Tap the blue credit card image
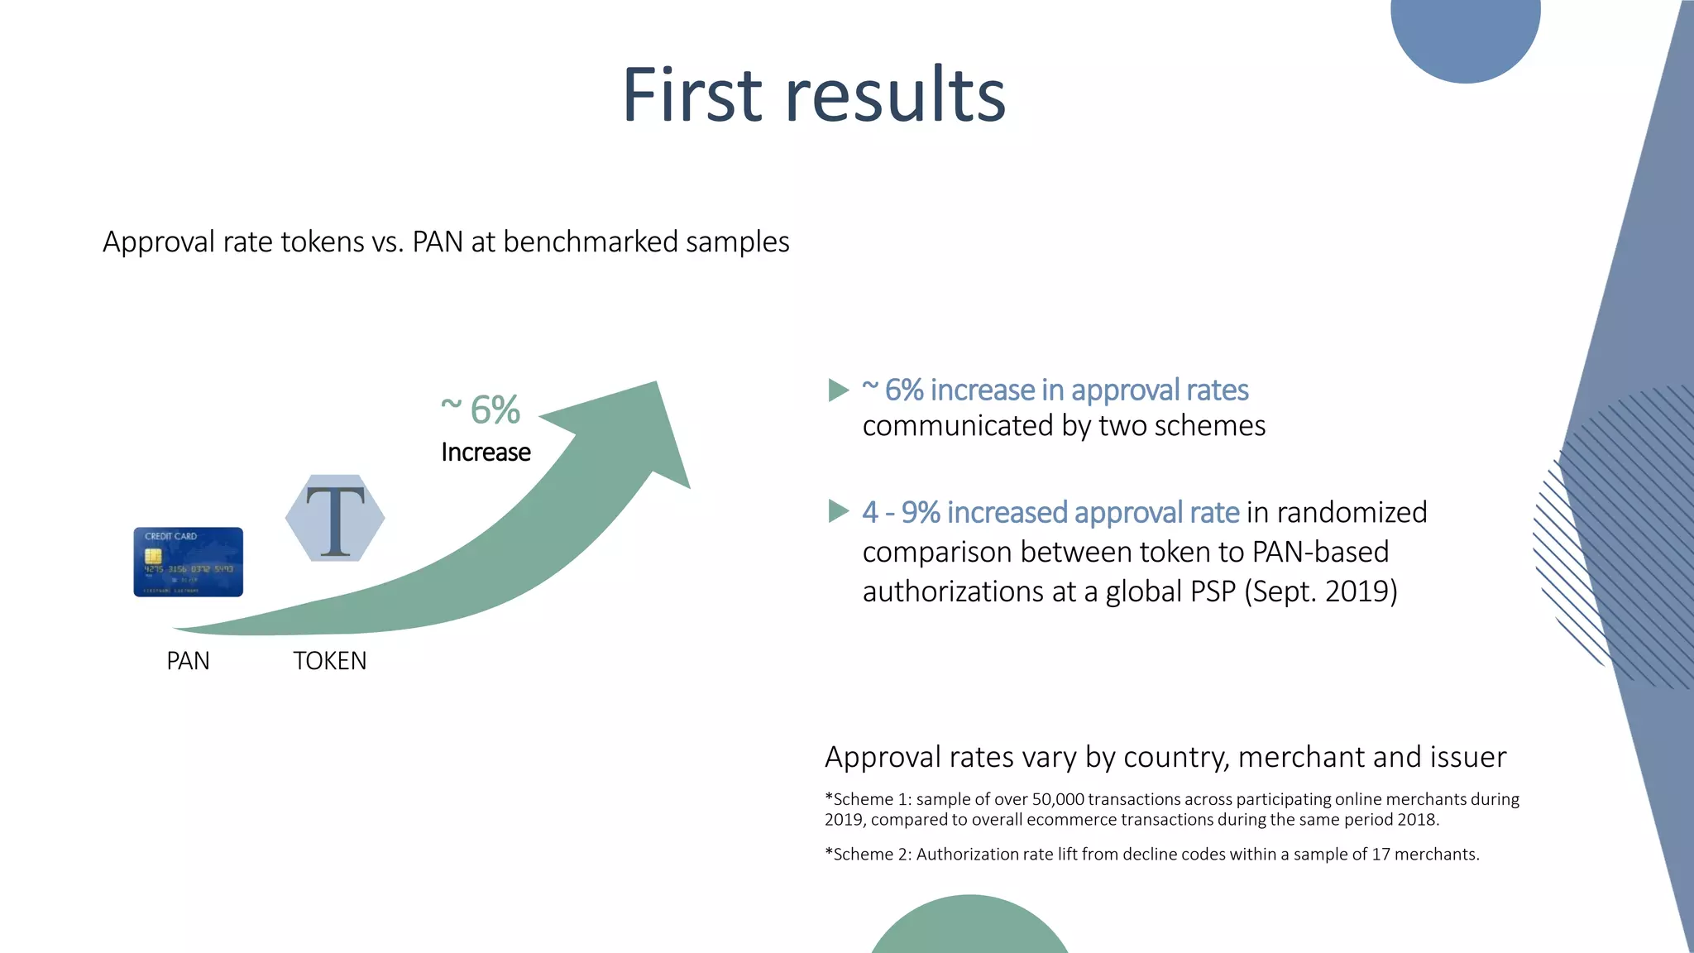coord(189,562)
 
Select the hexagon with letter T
coord(335,519)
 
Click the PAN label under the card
coord(188,661)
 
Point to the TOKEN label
coord(329,661)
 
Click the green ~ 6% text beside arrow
coord(481,409)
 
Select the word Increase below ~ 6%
coord(486,453)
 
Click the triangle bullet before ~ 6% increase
coord(838,390)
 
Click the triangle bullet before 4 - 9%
coord(838,511)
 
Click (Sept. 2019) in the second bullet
coord(1320,592)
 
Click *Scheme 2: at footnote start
coord(868,855)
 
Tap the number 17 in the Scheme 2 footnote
coord(1381,855)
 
